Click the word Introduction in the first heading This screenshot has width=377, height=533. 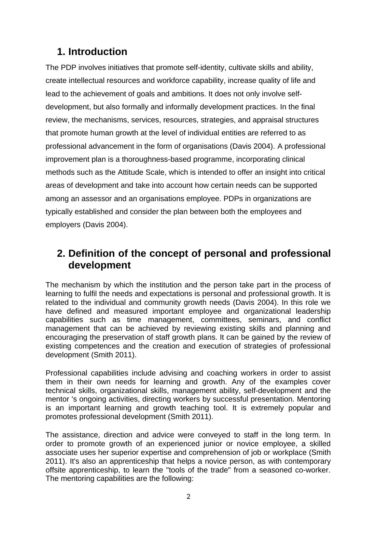(x=98, y=52)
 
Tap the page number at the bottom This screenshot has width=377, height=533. (x=188, y=497)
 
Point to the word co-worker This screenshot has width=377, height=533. (x=313, y=470)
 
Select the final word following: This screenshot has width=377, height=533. (x=178, y=479)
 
